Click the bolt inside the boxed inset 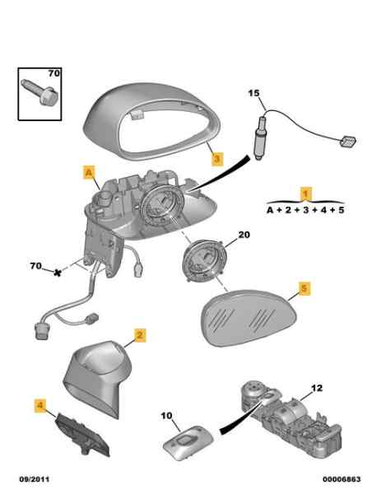[x=40, y=91]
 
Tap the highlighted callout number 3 [x=217, y=159]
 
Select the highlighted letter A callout [x=89, y=173]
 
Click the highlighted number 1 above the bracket [x=305, y=193]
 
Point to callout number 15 [x=254, y=93]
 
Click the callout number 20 [x=244, y=235]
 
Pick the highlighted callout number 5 [x=304, y=288]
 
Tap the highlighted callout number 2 [x=140, y=335]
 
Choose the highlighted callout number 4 [x=40, y=406]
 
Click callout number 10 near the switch [x=166, y=416]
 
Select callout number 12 [x=317, y=388]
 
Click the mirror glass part [x=249, y=318]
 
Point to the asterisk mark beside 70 [x=57, y=273]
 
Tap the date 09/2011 [x=35, y=479]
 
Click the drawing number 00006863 [x=342, y=479]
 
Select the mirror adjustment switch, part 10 [x=188, y=443]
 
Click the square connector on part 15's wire [x=347, y=141]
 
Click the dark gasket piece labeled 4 [x=82, y=435]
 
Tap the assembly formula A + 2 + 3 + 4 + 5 [x=305, y=210]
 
